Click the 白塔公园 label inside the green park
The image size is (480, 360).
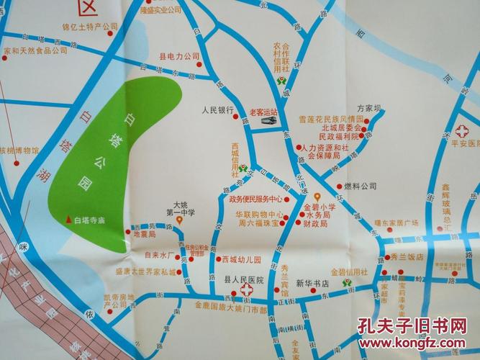point(108,153)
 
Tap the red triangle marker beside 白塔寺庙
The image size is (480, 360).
point(68,220)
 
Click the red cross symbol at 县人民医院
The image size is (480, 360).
point(247,292)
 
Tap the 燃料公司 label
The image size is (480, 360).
point(360,186)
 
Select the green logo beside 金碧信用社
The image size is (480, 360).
point(348,284)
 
